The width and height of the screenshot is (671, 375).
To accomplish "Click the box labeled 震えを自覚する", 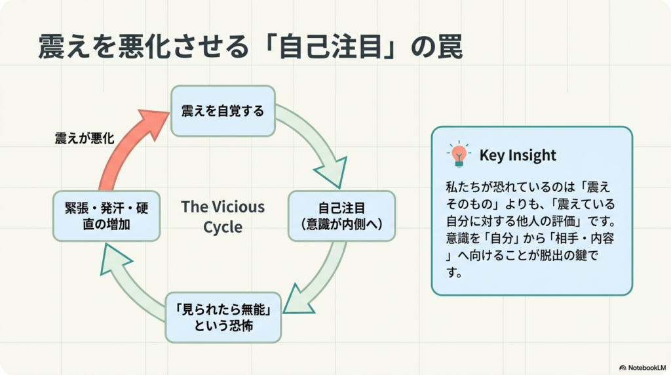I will click(x=223, y=111).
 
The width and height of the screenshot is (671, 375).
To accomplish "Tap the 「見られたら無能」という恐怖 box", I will click(x=223, y=317).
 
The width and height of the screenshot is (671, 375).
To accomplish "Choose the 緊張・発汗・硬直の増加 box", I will click(x=105, y=216).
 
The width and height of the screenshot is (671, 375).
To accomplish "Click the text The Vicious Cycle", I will click(x=223, y=217).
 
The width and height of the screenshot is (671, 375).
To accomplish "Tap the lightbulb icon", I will click(x=459, y=154).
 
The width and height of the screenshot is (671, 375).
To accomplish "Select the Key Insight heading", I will click(x=518, y=155).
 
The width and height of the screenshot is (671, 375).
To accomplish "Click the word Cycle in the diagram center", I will click(x=223, y=227).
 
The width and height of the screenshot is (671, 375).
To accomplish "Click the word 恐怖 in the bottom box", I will click(x=237, y=326).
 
